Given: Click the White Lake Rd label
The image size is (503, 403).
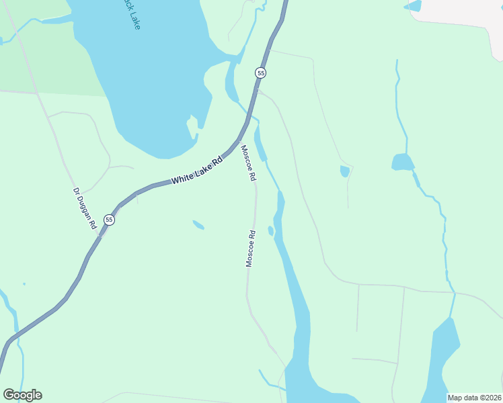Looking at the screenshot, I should pos(196,171).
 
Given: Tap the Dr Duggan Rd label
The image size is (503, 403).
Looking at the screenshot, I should pos(85,208).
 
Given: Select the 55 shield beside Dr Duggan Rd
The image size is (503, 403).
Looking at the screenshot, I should pos(109,220).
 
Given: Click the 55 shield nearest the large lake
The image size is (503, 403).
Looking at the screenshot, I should pos(260,73).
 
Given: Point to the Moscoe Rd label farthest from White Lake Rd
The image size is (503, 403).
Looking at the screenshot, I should pos(250,249).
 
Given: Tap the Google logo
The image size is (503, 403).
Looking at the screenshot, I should pos(22,395).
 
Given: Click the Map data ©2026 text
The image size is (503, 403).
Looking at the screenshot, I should pos(474,398).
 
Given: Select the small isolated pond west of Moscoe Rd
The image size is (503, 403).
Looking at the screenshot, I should pos(198,224).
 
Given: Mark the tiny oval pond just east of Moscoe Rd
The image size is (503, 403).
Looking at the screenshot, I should pos(270,230).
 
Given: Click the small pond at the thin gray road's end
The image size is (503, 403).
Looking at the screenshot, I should pos(345,171).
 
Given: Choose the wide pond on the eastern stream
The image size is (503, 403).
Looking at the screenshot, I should pos(402,162).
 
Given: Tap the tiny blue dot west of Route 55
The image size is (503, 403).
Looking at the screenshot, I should pos(24,283).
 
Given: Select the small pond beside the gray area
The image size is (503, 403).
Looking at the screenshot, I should pos(412,6).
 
